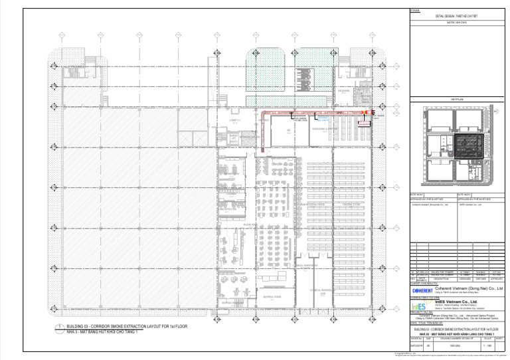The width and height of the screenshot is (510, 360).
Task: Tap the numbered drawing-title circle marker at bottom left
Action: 62,327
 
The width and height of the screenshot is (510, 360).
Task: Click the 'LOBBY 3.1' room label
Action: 234,120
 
